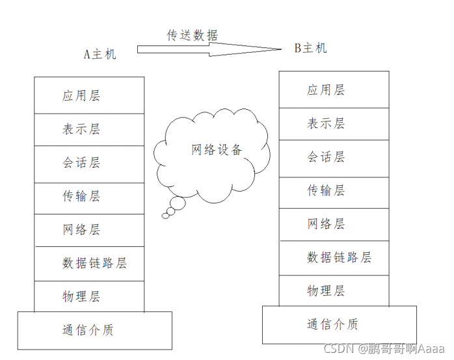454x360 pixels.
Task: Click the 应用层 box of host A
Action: click(x=89, y=96)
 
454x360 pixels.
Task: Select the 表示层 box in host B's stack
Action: click(x=334, y=123)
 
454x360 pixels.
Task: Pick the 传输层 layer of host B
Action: click(x=334, y=191)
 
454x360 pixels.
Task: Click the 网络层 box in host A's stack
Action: click(x=89, y=230)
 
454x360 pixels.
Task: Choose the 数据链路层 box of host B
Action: click(x=334, y=258)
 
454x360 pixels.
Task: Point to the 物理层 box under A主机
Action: click(x=89, y=296)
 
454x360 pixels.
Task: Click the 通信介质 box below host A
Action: click(x=94, y=330)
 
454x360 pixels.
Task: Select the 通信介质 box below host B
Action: click(x=339, y=324)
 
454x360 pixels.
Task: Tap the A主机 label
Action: click(x=100, y=54)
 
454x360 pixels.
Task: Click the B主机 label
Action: click(x=311, y=48)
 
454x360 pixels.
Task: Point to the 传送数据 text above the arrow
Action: click(x=193, y=35)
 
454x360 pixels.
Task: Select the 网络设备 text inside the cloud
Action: click(x=217, y=149)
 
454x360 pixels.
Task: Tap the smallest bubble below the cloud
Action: click(x=165, y=216)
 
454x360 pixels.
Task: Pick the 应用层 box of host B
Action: click(x=334, y=90)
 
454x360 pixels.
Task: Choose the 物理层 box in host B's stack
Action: click(x=334, y=290)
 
